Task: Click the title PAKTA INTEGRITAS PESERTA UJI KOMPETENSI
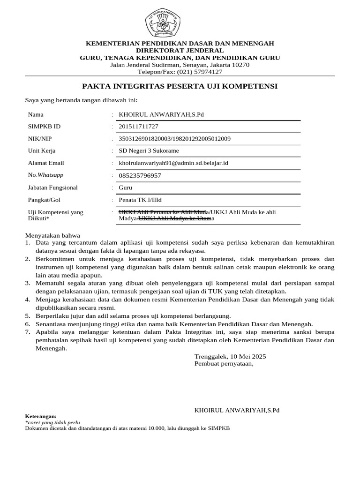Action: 180,86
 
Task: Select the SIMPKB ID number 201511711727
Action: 138,127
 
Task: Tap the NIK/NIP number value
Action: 174,139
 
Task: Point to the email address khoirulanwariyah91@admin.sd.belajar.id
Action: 173,163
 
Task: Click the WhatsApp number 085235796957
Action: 140,175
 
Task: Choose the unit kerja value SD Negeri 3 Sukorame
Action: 149,151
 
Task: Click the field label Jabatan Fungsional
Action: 53,187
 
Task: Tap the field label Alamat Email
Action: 46,163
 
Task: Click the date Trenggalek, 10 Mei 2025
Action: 230,356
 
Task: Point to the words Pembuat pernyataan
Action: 224,363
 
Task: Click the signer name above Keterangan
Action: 237,410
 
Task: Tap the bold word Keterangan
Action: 40,416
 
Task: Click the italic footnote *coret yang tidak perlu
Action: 52,422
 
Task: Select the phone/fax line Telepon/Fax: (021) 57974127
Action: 180,72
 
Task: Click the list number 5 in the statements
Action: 28,315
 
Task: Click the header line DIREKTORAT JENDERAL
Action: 180,50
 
